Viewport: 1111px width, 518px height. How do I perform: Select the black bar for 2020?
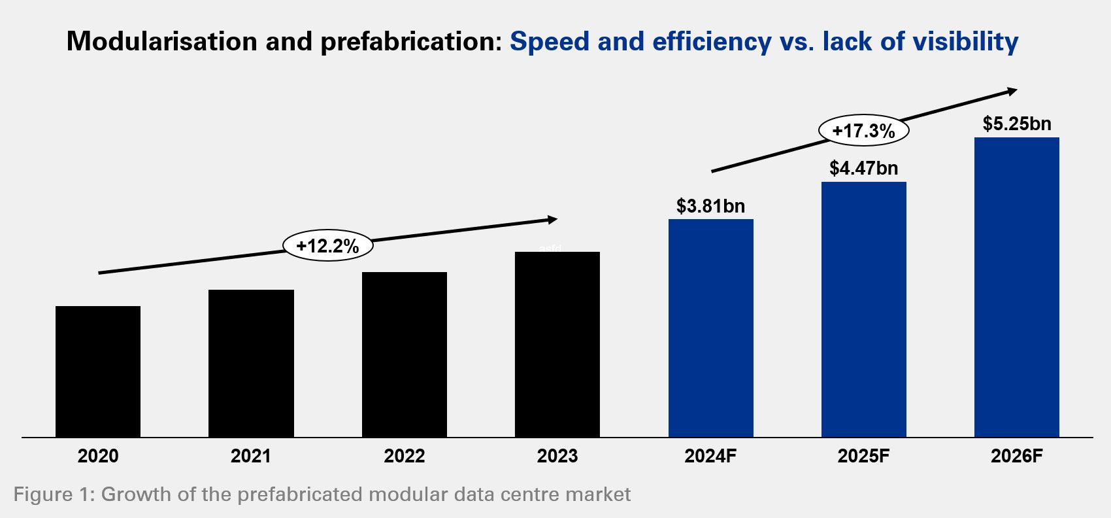pos(98,371)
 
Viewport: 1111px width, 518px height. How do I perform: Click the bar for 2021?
pos(251,363)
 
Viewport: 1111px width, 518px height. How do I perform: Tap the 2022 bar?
pos(405,354)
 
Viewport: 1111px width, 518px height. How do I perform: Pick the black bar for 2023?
pos(557,344)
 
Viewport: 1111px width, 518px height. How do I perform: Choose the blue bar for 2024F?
pos(711,328)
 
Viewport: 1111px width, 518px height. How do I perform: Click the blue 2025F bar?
pos(864,309)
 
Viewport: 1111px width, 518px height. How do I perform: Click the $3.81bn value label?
pos(710,206)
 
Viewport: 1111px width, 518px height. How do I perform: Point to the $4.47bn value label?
pos(863,168)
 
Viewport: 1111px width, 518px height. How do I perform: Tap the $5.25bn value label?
pos(1017,124)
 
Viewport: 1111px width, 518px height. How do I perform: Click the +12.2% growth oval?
pos(328,246)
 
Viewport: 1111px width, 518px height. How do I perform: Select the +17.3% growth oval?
pos(863,131)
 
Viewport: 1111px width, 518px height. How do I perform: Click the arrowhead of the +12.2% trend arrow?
pos(553,220)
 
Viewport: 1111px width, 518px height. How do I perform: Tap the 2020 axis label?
pos(98,456)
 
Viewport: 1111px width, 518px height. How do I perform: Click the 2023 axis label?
pos(557,456)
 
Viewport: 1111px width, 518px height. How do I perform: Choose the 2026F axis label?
pos(1017,456)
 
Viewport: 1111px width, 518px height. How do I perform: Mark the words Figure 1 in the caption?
pos(53,494)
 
